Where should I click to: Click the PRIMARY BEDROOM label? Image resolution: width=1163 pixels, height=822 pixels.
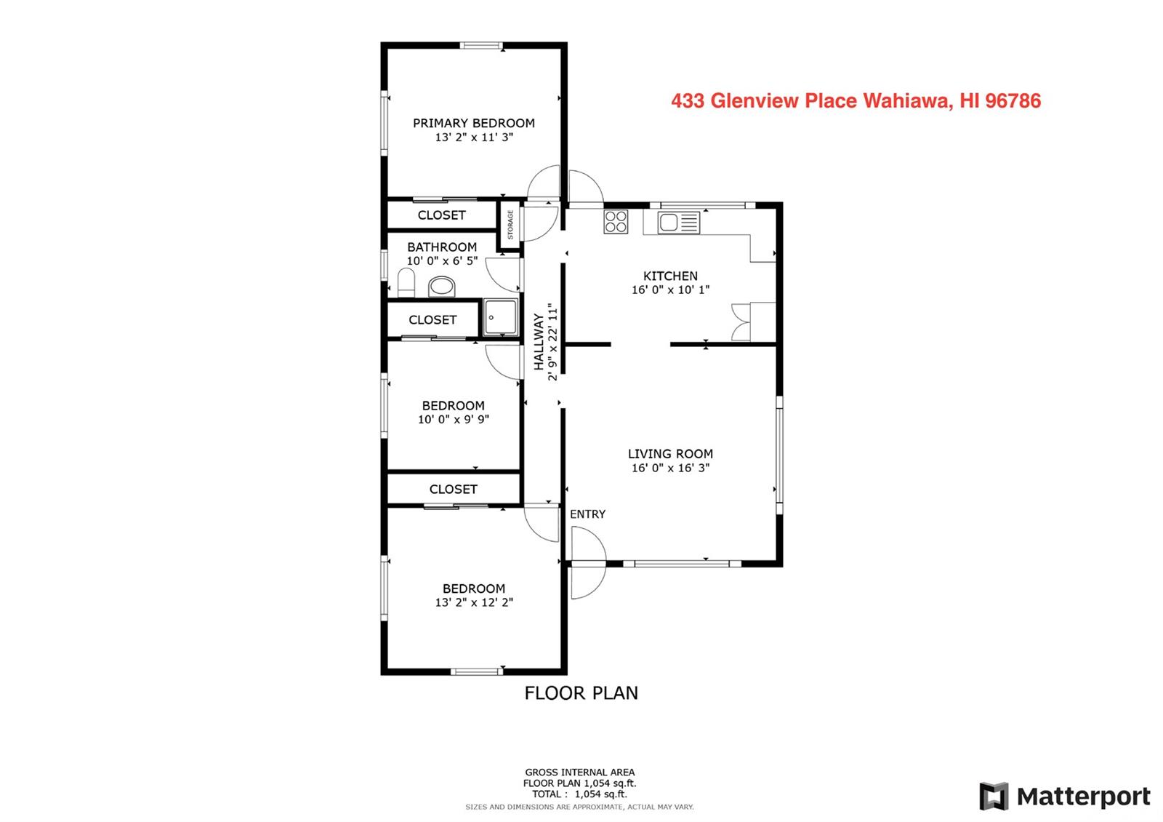tap(473, 123)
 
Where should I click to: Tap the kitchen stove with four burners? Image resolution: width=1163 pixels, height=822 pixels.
tap(616, 221)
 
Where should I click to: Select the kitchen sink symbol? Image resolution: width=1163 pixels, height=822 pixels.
tap(679, 223)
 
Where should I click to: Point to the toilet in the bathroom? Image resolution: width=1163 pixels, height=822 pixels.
tap(406, 283)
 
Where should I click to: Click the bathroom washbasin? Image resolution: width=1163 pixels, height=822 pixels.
tap(442, 287)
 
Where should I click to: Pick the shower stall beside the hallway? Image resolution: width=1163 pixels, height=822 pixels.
tap(501, 317)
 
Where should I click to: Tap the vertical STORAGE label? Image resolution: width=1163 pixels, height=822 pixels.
tap(510, 225)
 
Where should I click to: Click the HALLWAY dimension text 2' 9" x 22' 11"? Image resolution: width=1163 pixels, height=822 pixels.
tap(552, 343)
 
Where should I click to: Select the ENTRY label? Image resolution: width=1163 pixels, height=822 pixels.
tap(587, 514)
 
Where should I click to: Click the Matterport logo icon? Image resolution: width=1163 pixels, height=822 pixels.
tap(994, 796)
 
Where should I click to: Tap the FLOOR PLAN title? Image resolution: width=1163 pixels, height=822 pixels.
tap(581, 693)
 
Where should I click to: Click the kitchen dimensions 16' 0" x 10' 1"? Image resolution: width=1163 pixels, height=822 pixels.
tap(670, 290)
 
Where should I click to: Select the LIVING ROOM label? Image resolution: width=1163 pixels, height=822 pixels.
tap(670, 454)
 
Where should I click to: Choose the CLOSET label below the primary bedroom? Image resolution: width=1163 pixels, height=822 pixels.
tap(441, 215)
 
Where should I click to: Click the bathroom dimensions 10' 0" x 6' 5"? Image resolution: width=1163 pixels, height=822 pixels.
tap(442, 261)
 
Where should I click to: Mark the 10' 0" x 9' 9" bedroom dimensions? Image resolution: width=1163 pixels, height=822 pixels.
tap(454, 419)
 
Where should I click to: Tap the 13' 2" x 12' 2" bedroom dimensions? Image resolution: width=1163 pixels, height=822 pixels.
tap(473, 602)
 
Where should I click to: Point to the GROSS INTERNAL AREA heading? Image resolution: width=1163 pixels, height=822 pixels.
tap(579, 772)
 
